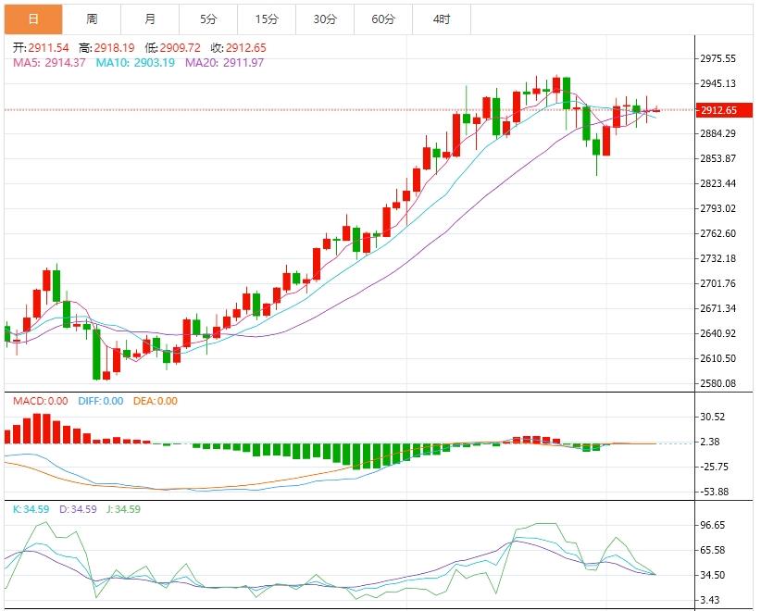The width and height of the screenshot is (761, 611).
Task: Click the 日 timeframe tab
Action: [x=33, y=19]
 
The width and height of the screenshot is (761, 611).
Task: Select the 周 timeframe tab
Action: [x=92, y=19]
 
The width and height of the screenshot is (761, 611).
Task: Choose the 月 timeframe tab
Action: [x=150, y=19]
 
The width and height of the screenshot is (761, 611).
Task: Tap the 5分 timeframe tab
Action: [x=208, y=19]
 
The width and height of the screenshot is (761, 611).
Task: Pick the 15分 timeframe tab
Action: [x=267, y=19]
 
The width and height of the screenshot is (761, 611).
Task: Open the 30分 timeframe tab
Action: [x=325, y=19]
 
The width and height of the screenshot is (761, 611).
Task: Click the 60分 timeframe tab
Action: [x=383, y=19]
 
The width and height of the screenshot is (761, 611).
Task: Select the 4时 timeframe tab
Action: [x=442, y=19]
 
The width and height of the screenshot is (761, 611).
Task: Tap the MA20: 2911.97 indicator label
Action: [x=225, y=62]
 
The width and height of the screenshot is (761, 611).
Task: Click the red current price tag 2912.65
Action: [x=718, y=110]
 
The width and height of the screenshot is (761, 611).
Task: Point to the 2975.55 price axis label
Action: [x=718, y=58]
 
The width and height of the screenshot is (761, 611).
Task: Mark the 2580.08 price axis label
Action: [x=718, y=383]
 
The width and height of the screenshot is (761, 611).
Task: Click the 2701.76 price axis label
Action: [x=718, y=283]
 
